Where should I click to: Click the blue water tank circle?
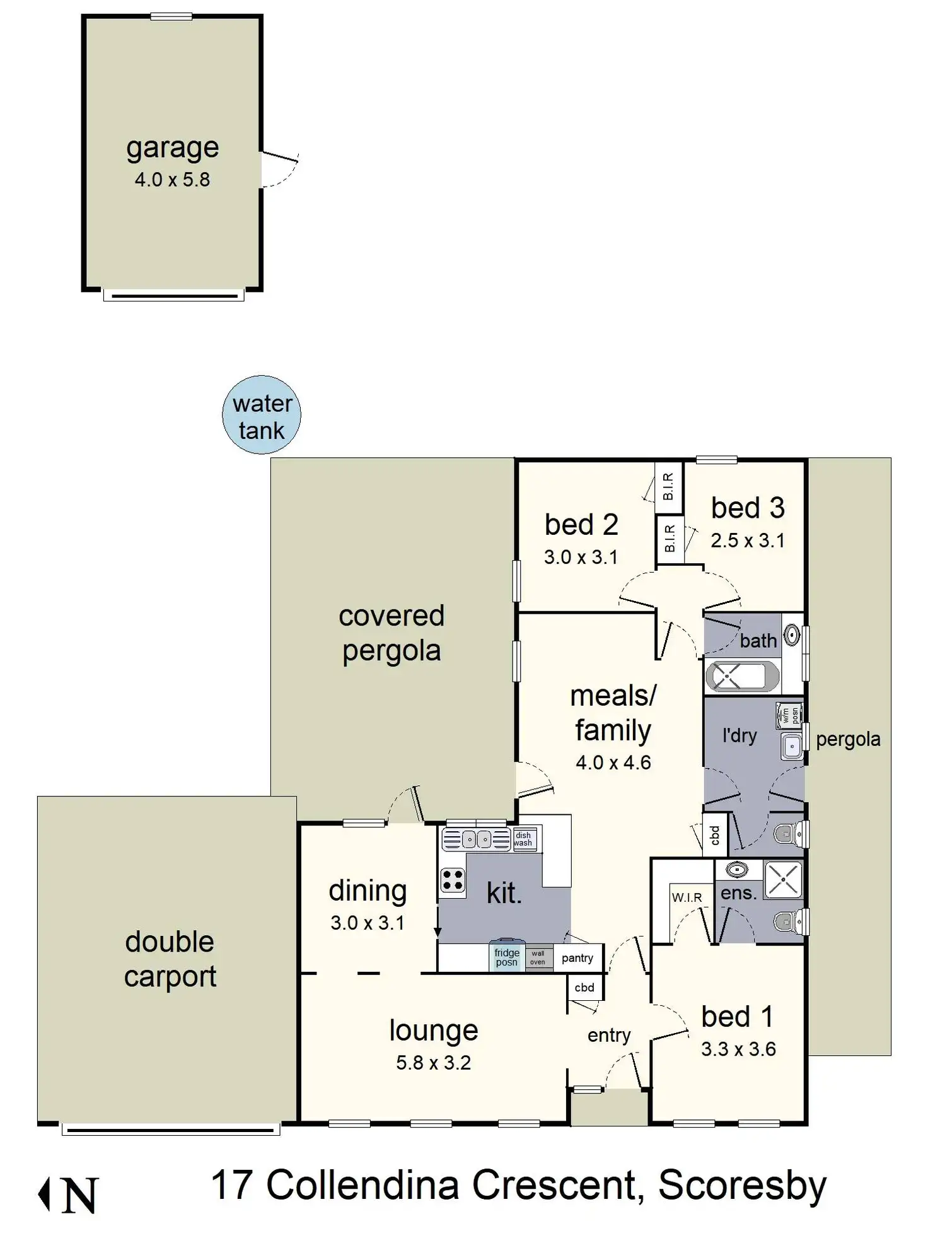262,415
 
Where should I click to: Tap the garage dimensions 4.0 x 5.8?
172,180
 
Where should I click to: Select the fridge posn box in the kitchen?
507,957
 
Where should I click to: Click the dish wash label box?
523,839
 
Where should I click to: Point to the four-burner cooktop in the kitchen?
453,880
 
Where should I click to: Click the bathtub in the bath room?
742,677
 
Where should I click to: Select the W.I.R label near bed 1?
687,897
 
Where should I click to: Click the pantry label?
577,958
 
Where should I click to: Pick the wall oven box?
538,957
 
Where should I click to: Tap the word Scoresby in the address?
742,1185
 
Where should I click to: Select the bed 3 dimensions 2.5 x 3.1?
748,540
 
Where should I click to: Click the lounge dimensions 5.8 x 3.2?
433,1063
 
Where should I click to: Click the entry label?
609,1035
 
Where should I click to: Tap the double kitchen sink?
477,839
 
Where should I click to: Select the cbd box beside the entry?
584,988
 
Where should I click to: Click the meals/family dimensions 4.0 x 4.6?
613,762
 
